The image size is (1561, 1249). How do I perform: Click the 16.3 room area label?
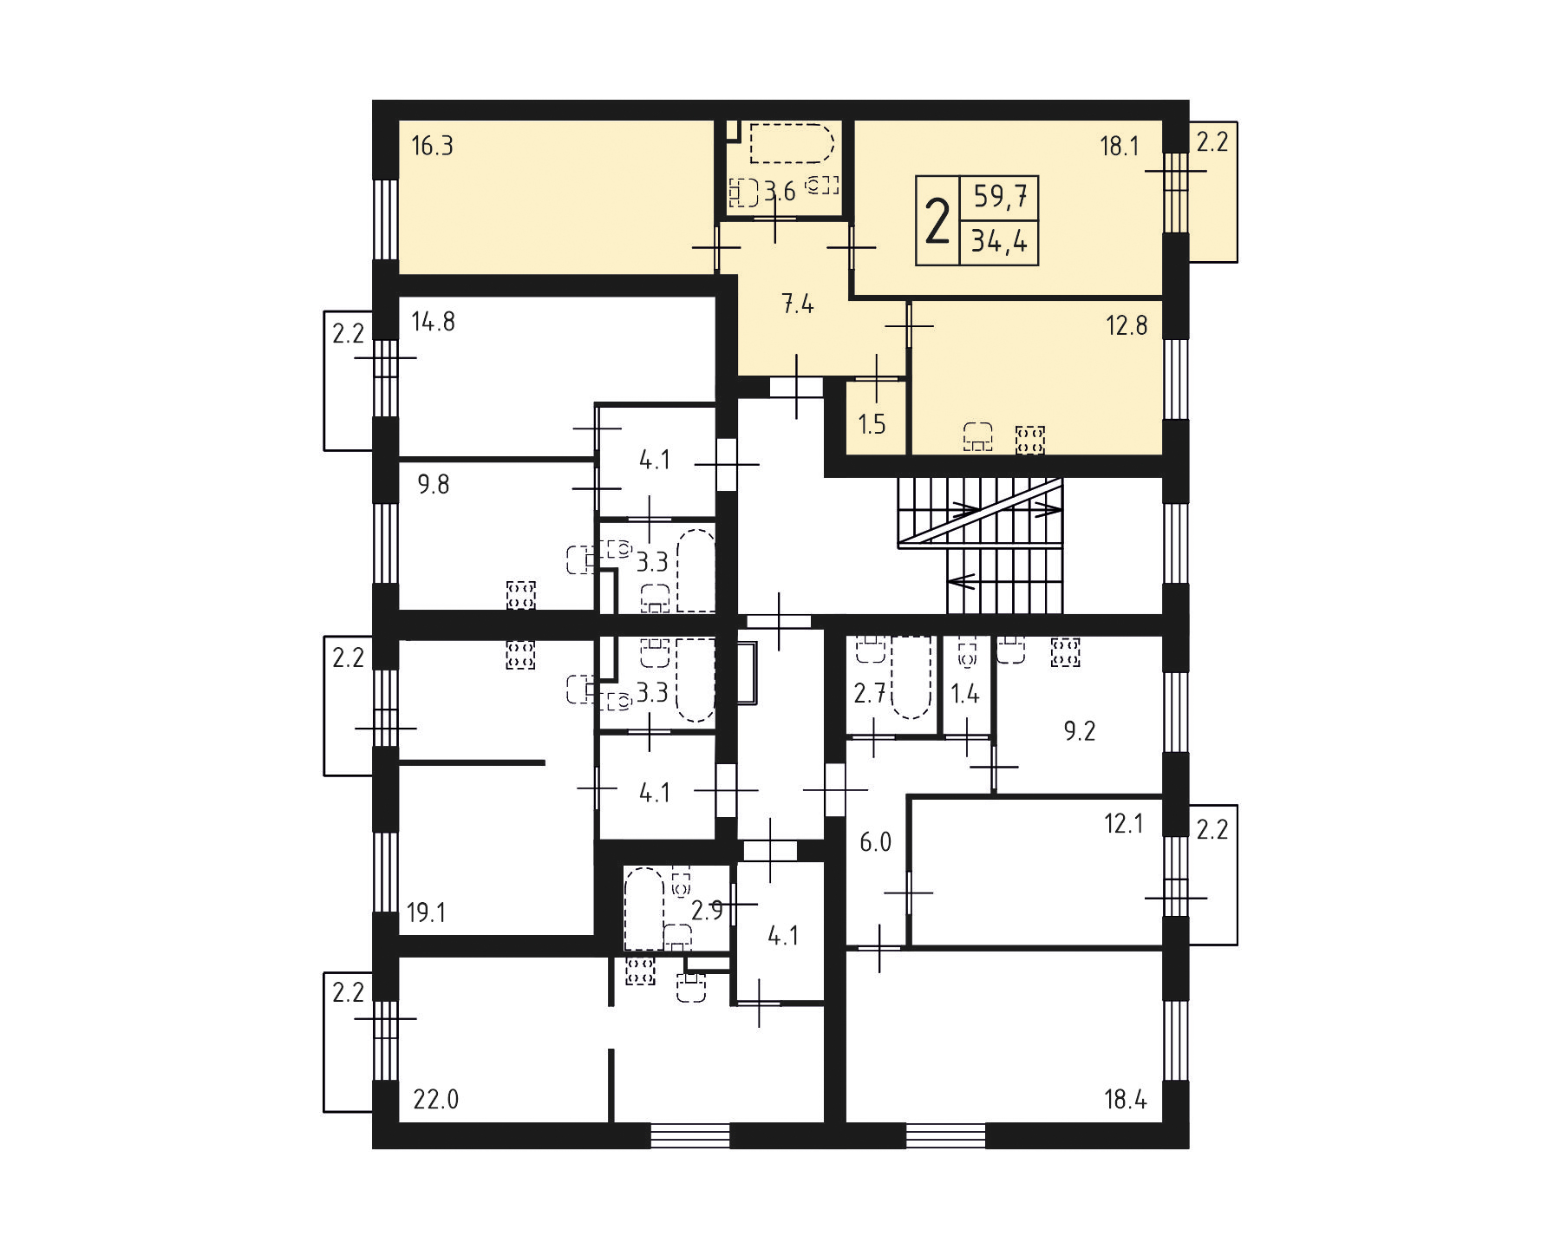[x=432, y=146]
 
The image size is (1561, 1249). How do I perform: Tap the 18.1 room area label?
[x=1120, y=146]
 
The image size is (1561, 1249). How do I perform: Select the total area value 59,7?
[x=1000, y=197]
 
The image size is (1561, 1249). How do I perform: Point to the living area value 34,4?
[x=999, y=240]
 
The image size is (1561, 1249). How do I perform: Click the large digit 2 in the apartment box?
[x=937, y=221]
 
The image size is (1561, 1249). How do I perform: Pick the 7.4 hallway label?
[x=797, y=304]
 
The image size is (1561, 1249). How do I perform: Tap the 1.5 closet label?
[x=872, y=424]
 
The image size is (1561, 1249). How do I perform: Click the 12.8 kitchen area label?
[x=1127, y=325]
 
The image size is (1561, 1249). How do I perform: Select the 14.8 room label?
[x=433, y=322]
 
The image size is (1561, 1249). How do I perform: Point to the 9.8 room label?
[x=434, y=484]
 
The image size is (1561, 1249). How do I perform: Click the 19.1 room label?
[x=427, y=912]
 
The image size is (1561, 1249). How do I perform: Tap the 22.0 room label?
[x=436, y=1100]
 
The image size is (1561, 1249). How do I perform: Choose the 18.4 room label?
[x=1126, y=1100]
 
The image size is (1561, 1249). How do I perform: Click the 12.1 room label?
[x=1124, y=823]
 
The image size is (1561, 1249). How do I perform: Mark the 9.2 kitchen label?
[x=1080, y=731]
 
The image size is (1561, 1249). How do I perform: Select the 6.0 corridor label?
[x=876, y=841]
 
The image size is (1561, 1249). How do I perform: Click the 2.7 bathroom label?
[x=870, y=693]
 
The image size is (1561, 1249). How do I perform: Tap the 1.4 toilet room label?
[x=965, y=693]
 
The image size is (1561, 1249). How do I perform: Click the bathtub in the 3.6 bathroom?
[x=792, y=143]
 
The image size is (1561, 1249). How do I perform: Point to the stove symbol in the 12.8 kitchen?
[x=1030, y=440]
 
